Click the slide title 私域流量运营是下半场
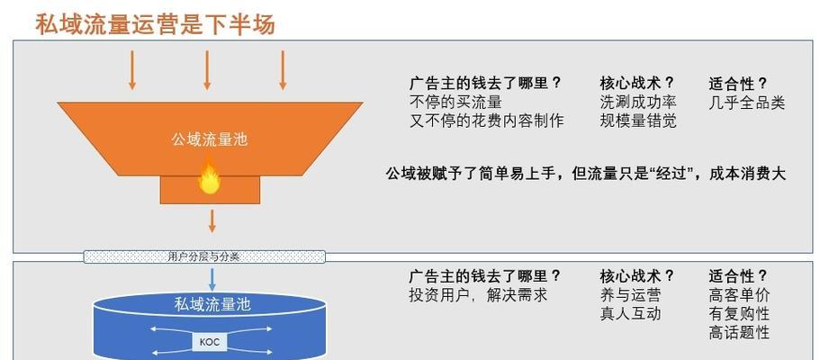[156, 23]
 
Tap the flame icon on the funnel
[209, 177]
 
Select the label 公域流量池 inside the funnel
[209, 139]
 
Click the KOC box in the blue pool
[210, 343]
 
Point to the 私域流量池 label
[212, 304]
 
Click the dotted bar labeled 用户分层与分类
[204, 256]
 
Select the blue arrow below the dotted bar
[212, 279]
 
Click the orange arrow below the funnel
[212, 220]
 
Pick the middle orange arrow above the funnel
[207, 70]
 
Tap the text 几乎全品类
[747, 102]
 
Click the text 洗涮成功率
[638, 102]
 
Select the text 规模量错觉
[638, 121]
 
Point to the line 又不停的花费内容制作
[487, 121]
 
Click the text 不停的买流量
[455, 102]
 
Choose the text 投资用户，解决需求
[478, 294]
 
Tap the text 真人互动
[631, 313]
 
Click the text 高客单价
[739, 295]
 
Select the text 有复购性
[739, 314]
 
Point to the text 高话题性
[739, 332]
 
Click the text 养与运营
[631, 294]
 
